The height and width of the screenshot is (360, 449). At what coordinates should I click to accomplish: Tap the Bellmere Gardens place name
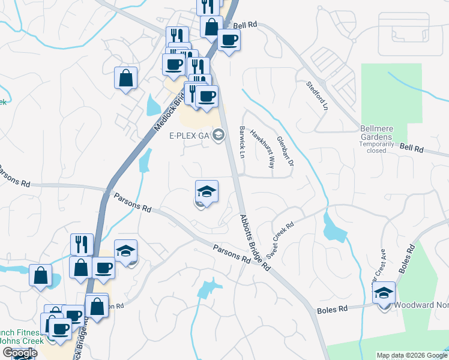click(x=384, y=132)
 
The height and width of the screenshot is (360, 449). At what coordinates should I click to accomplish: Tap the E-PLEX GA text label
click(x=187, y=135)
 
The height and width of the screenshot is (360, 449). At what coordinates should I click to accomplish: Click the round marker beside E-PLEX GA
click(x=218, y=135)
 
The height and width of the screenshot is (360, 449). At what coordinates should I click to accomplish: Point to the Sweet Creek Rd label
click(x=280, y=239)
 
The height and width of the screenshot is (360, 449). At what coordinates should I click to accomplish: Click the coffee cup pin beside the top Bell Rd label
click(x=228, y=41)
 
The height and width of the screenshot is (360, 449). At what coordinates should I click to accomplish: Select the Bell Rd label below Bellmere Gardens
click(x=411, y=148)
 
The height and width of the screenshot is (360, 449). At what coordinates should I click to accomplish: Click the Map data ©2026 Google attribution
click(x=412, y=355)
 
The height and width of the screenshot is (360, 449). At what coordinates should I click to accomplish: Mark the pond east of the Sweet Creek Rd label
click(x=333, y=228)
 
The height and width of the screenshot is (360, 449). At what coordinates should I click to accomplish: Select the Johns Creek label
click(x=18, y=341)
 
